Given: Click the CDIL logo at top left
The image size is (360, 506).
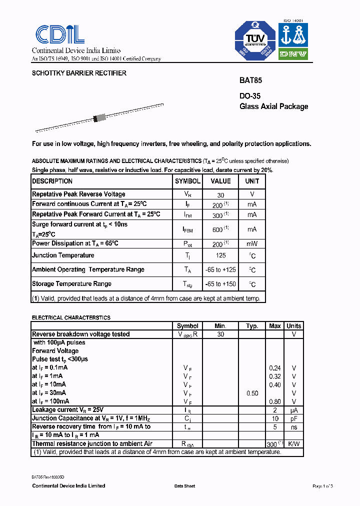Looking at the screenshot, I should click(59, 34).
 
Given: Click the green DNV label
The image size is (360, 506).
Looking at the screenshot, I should click(292, 54).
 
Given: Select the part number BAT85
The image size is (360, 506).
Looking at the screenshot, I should click(250, 80).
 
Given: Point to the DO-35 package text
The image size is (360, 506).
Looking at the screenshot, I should click(250, 96).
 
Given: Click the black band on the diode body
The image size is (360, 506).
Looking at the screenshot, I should click(95, 119).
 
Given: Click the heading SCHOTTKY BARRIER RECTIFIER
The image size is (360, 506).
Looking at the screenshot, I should click(79, 73).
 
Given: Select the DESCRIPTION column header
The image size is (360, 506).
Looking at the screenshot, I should click(52, 181).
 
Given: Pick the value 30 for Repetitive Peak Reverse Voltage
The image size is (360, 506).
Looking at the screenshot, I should click(220, 195).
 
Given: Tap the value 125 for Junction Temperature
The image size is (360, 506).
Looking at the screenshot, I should click(220, 255).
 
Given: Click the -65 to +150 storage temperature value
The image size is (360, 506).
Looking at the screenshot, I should click(220, 284).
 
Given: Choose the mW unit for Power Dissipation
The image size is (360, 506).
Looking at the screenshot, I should click(252, 244).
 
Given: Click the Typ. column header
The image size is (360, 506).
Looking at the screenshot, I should click(252, 326).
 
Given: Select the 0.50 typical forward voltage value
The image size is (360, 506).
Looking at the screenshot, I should click(252, 393).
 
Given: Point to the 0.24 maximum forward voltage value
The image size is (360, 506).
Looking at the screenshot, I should click(275, 368).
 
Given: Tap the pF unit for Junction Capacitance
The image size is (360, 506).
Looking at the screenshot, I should click(293, 418).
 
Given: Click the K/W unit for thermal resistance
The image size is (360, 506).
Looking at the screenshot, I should click(293, 444).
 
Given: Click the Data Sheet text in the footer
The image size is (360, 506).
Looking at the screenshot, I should click(184, 486).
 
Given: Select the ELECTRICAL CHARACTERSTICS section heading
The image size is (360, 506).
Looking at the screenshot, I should click(71, 317).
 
